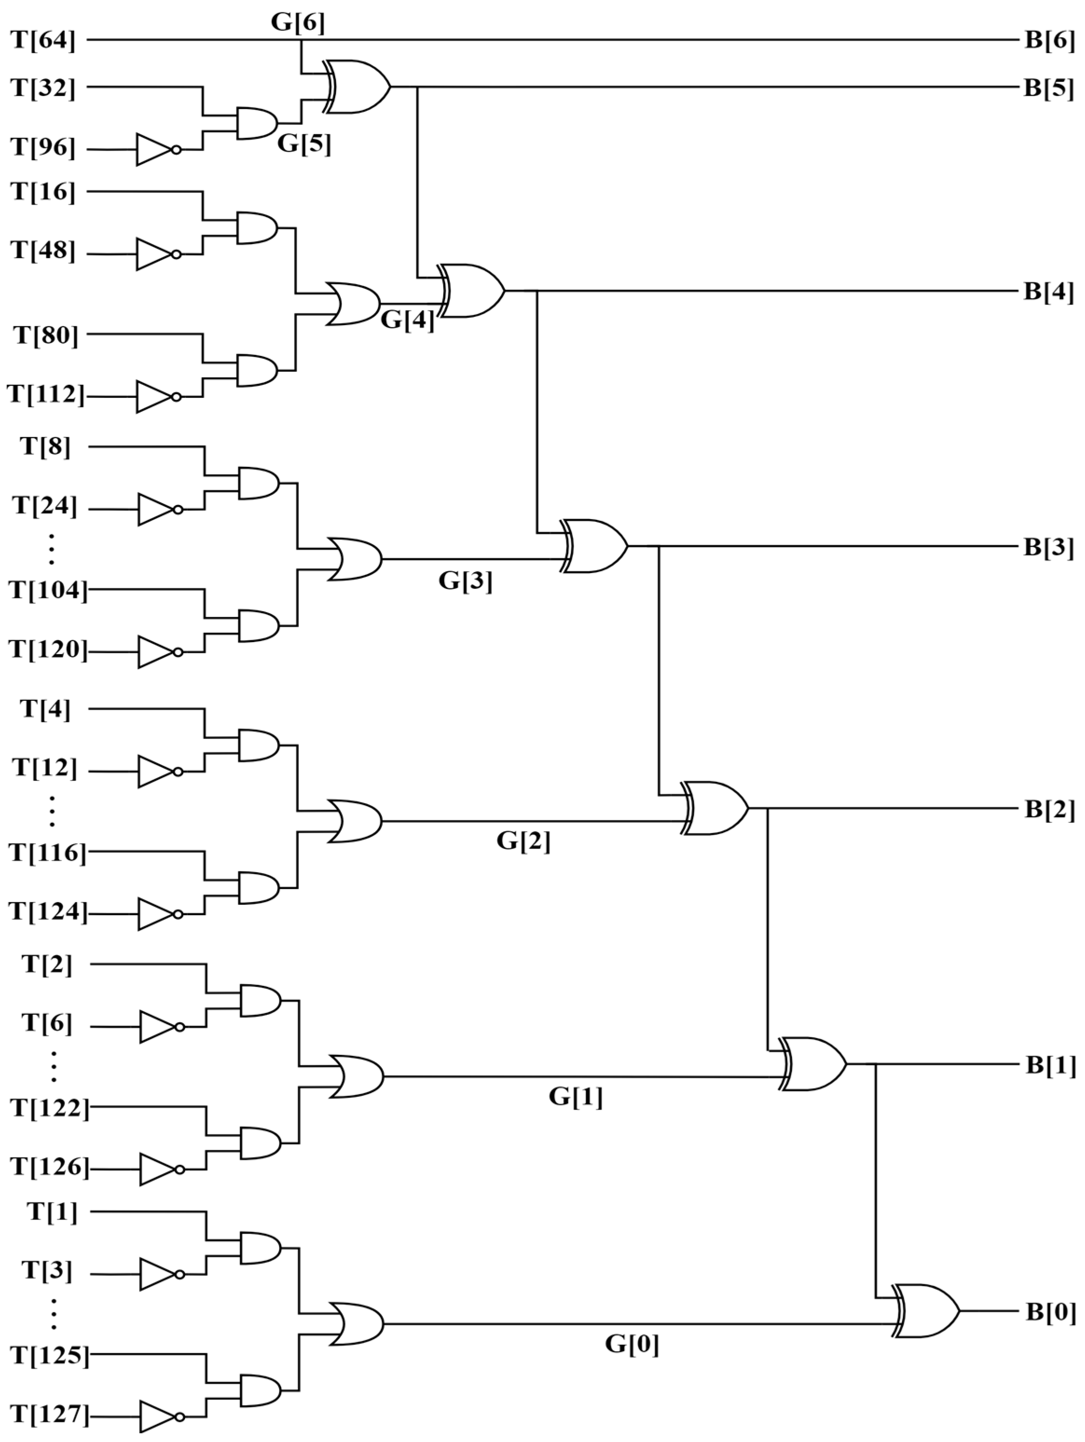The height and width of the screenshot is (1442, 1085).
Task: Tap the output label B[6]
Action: pos(1049,41)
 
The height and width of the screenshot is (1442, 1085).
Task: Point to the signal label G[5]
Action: pos(304,144)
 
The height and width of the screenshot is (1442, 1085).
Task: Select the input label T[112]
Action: pos(46,395)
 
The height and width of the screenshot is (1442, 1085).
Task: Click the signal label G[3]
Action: pos(465,580)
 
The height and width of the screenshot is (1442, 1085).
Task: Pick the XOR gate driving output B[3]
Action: pos(595,547)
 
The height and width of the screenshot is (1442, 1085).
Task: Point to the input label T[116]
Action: pos(48,852)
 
